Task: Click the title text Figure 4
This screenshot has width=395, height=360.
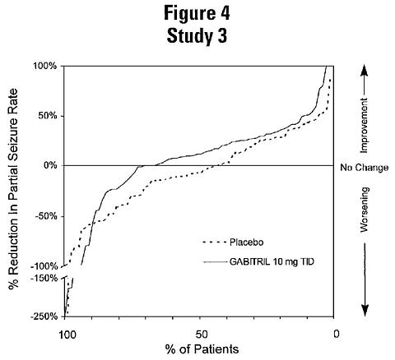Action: click(x=197, y=13)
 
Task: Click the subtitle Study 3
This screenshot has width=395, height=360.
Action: click(x=197, y=36)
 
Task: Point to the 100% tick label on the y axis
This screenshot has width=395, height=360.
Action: click(x=44, y=66)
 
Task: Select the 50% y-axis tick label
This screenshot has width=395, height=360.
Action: click(x=47, y=116)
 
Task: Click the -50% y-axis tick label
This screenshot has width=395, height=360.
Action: click(x=45, y=216)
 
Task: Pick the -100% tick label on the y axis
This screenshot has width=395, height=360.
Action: click(x=44, y=266)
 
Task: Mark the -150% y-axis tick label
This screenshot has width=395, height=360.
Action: click(x=44, y=279)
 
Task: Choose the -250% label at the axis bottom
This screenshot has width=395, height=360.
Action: click(x=44, y=316)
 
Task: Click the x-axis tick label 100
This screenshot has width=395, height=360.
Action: click(x=67, y=335)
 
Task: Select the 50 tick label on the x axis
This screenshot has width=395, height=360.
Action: click(x=202, y=335)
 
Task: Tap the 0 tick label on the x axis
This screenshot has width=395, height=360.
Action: click(x=337, y=334)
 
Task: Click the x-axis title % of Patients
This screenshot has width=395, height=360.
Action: click(x=202, y=349)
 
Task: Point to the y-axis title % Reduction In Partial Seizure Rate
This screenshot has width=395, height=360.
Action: click(x=13, y=189)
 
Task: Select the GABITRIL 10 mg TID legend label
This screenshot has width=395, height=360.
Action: click(x=272, y=262)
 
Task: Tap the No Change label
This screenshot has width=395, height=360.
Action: click(x=365, y=168)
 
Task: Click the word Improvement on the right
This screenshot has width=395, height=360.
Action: click(x=365, y=126)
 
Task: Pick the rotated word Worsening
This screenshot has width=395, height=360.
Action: click(x=365, y=210)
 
